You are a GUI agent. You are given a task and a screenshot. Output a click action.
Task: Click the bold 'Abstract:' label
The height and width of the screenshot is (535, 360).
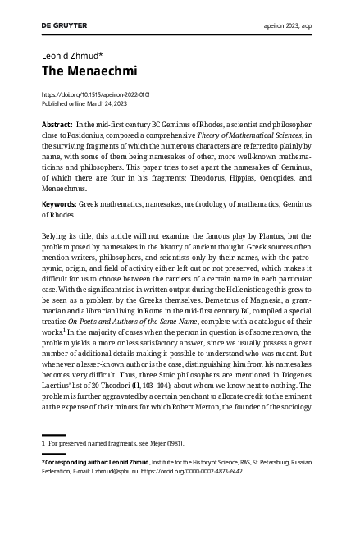click(x=57, y=123)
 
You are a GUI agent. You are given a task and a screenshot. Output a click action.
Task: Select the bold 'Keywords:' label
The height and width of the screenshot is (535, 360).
click(x=59, y=203)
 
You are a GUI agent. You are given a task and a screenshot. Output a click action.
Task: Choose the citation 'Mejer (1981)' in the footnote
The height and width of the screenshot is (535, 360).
click(x=162, y=444)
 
